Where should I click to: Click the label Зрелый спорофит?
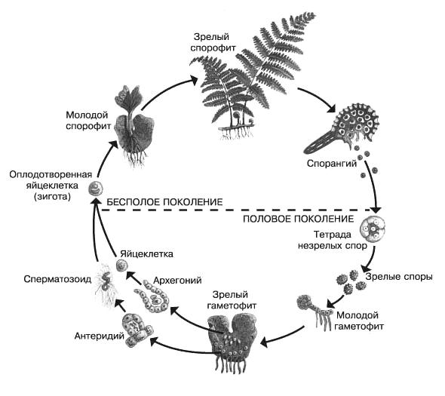pyautogui.click(x=213, y=42)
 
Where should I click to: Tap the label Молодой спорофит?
pyautogui.click(x=88, y=121)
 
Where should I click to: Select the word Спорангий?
pyautogui.click(x=332, y=164)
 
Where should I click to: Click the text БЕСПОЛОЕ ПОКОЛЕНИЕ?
pyautogui.click(x=164, y=202)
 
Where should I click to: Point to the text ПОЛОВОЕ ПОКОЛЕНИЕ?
pyautogui.click(x=299, y=219)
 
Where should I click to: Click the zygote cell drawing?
pyautogui.click(x=95, y=189)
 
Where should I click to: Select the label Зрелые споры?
pyautogui.click(x=399, y=277)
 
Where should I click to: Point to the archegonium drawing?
pyautogui.click(x=152, y=296)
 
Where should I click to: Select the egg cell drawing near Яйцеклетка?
pyautogui.click(x=122, y=265)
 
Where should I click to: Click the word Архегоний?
pyautogui.click(x=177, y=281)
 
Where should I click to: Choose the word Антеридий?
pyautogui.click(x=100, y=336)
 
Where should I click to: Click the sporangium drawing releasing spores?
pyautogui.click(x=342, y=127)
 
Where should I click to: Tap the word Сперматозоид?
pyautogui.click(x=57, y=279)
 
